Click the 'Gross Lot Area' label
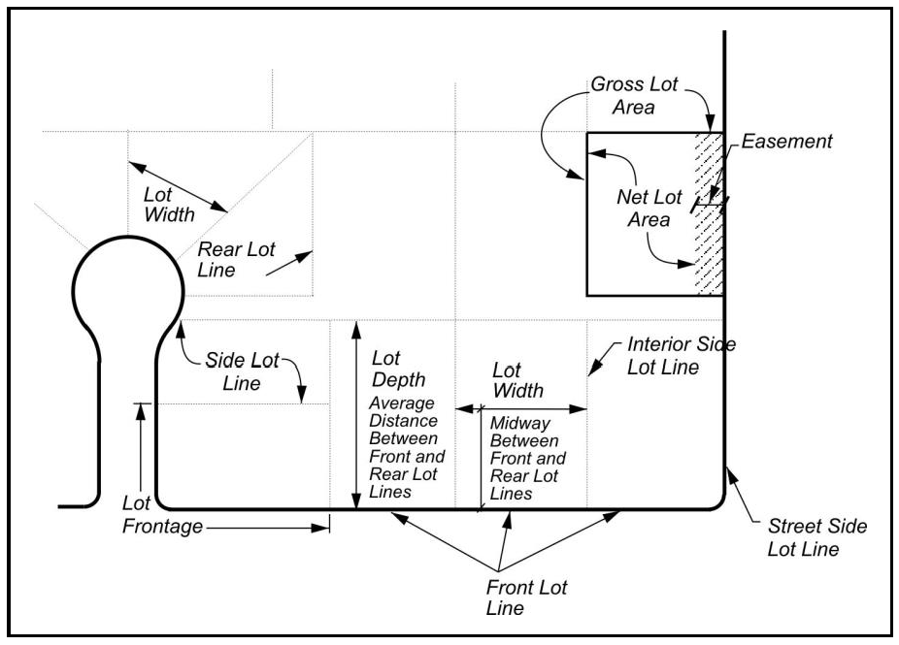tap(634, 96)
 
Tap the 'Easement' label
tap(786, 142)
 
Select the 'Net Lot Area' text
tap(649, 208)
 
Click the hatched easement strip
tap(710, 214)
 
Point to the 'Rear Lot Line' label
tap(236, 260)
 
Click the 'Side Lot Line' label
tap(242, 371)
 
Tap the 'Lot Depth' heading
tap(398, 369)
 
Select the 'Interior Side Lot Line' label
tap(682, 356)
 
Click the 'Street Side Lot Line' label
tap(817, 537)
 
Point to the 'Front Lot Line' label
tap(526, 597)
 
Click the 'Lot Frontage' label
tap(162, 515)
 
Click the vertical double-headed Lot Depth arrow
tap(356, 415)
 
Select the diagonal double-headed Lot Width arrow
tap(178, 187)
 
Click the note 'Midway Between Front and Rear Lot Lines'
tap(527, 458)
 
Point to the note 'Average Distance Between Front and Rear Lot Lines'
tap(407, 447)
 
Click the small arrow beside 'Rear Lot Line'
tap(289, 264)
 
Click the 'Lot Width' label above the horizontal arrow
tap(517, 380)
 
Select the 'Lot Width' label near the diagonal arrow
tap(169, 205)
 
